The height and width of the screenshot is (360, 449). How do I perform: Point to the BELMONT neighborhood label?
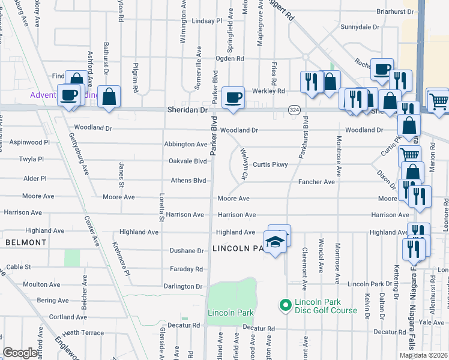tap(26, 242)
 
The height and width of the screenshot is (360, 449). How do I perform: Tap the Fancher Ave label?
tap(316, 182)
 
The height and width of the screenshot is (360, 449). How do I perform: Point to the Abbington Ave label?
tap(186, 145)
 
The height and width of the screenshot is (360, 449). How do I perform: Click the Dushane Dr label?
tap(187, 251)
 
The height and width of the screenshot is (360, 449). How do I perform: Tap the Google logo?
tap(21, 353)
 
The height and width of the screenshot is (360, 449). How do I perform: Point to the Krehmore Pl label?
tap(121, 259)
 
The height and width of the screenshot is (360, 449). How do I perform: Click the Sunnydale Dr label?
tap(360, 28)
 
